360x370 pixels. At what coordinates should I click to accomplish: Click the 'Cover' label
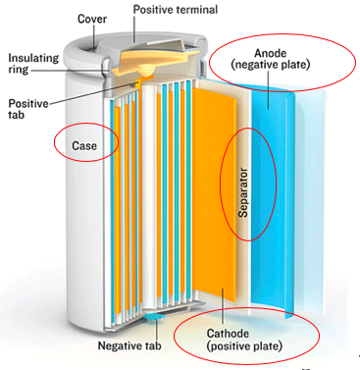click(x=92, y=19)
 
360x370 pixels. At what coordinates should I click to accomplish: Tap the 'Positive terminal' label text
click(x=176, y=10)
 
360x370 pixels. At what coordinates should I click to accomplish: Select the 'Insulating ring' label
click(x=33, y=64)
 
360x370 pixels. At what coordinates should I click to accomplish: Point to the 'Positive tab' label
click(x=28, y=109)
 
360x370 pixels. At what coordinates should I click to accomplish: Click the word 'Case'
click(x=84, y=145)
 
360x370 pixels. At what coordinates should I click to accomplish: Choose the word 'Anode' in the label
click(x=271, y=53)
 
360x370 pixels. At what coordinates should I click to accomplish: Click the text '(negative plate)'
click(x=271, y=65)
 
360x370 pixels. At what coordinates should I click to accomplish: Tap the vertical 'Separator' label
click(x=243, y=192)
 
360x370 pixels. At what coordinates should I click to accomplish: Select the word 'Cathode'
click(x=228, y=334)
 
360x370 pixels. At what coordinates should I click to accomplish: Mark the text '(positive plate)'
click(x=244, y=345)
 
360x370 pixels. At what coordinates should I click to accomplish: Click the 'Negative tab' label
click(x=129, y=345)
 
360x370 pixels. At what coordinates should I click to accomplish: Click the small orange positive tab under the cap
click(x=141, y=81)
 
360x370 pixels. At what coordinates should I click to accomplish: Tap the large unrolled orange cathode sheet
click(x=214, y=193)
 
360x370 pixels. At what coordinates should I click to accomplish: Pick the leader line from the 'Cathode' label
click(x=222, y=308)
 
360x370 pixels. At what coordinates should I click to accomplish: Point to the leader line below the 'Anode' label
click(x=269, y=89)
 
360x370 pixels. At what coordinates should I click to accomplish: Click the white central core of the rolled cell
click(x=150, y=193)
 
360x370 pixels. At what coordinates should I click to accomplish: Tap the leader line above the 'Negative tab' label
click(x=157, y=329)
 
